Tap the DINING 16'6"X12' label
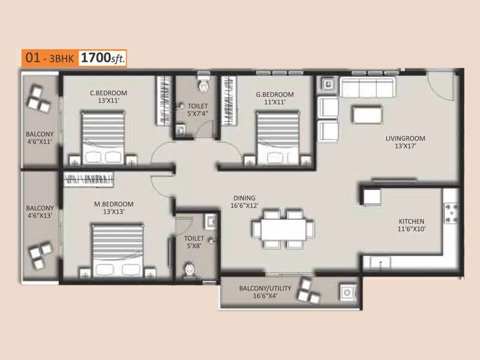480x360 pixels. coord(244,202)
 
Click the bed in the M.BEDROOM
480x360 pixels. coord(118,250)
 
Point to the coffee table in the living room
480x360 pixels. coord(367,114)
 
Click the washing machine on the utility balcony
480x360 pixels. coord(347,293)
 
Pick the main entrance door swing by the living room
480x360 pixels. coord(444,86)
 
